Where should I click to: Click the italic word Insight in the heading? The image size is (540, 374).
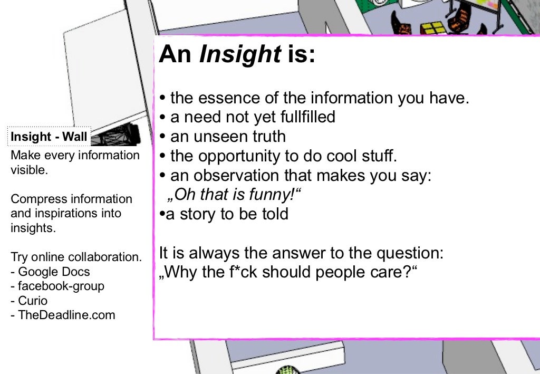pos(240,54)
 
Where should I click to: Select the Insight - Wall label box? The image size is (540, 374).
pos(49,137)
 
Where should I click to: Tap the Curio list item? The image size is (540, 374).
pos(33,301)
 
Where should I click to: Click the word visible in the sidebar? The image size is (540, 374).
pos(29,170)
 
